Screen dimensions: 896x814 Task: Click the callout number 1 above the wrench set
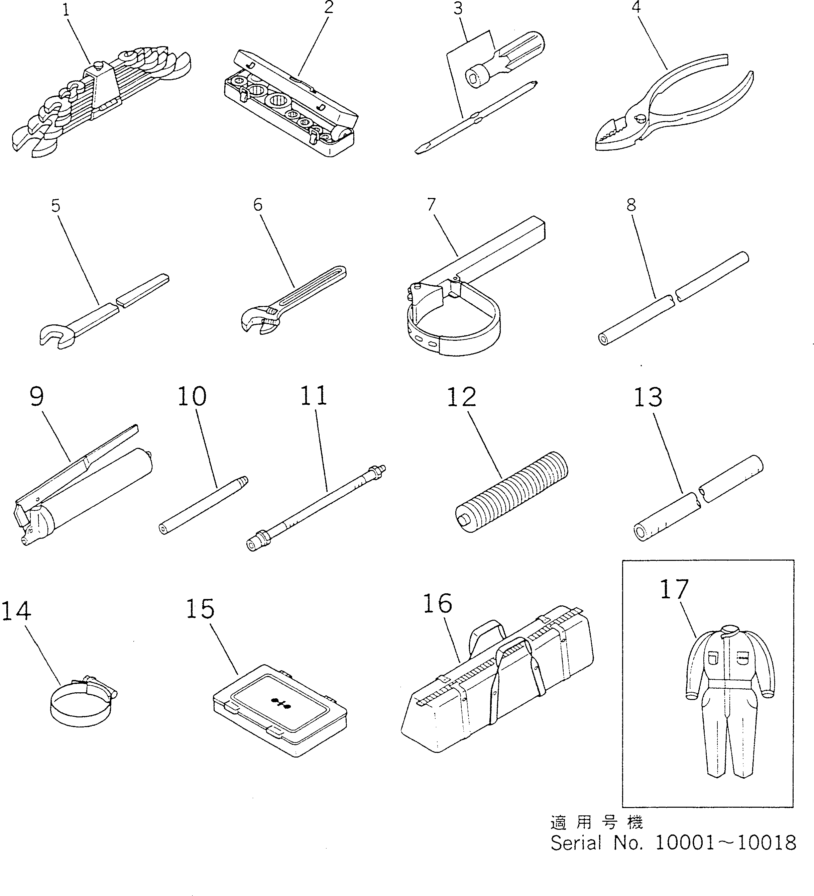click(x=66, y=10)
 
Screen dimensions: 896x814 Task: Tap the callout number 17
click(x=674, y=589)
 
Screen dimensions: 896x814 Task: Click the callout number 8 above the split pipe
click(x=631, y=205)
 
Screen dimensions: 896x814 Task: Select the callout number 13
click(x=648, y=397)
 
